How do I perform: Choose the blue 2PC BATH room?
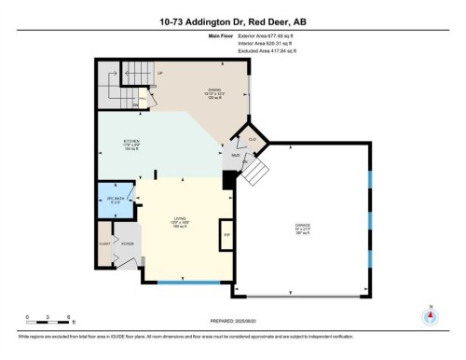pos(116,197)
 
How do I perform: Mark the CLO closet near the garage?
pos(252,140)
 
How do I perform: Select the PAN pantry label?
pos(144,98)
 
